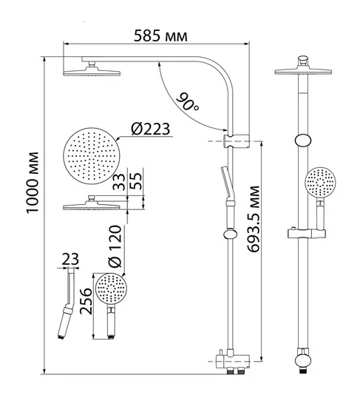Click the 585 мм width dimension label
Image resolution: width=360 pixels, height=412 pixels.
(x=160, y=36)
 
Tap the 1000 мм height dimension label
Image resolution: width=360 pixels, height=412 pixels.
(x=33, y=183)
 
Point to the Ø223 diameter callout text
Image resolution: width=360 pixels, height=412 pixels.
(x=151, y=129)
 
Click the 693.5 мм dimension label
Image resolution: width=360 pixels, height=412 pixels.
(x=254, y=219)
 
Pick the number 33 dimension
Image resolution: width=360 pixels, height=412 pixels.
(x=119, y=181)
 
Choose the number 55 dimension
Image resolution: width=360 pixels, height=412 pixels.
(x=136, y=181)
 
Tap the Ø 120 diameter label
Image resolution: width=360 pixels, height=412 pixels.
(x=115, y=246)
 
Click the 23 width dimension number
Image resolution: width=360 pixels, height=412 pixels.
(x=70, y=259)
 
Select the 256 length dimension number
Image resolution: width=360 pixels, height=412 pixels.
(x=86, y=301)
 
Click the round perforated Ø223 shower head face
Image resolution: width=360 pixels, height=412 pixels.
(x=92, y=156)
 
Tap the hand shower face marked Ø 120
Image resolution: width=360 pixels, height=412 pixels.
(x=111, y=288)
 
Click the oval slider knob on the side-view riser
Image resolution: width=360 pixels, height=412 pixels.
(x=231, y=234)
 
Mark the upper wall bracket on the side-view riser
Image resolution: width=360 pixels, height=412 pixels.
(x=237, y=141)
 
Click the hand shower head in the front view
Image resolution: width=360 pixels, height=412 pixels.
(x=320, y=183)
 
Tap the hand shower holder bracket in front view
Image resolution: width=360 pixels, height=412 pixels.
(x=307, y=233)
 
